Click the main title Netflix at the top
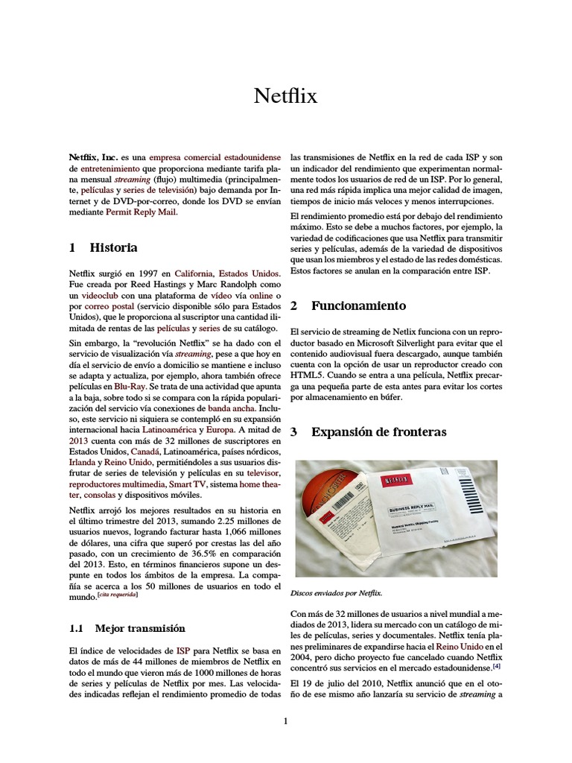point(285,96)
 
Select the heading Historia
point(113,247)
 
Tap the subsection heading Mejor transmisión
point(140,628)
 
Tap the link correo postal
point(104,306)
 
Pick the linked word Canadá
point(144,452)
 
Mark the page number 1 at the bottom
point(285,721)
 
